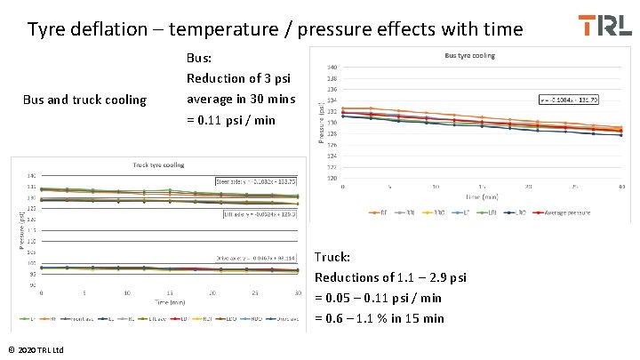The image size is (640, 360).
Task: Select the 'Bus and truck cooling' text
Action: (84, 99)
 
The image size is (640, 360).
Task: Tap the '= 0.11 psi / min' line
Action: (231, 120)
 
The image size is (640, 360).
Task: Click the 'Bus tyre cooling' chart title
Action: (470, 55)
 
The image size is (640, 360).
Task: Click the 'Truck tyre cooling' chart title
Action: (158, 164)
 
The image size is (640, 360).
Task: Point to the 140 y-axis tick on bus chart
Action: (332, 68)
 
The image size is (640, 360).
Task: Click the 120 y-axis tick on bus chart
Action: (332, 177)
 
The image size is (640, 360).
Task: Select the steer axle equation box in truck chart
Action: (256, 180)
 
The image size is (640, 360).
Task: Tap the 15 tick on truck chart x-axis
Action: (169, 292)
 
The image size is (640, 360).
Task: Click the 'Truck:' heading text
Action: (332, 257)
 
